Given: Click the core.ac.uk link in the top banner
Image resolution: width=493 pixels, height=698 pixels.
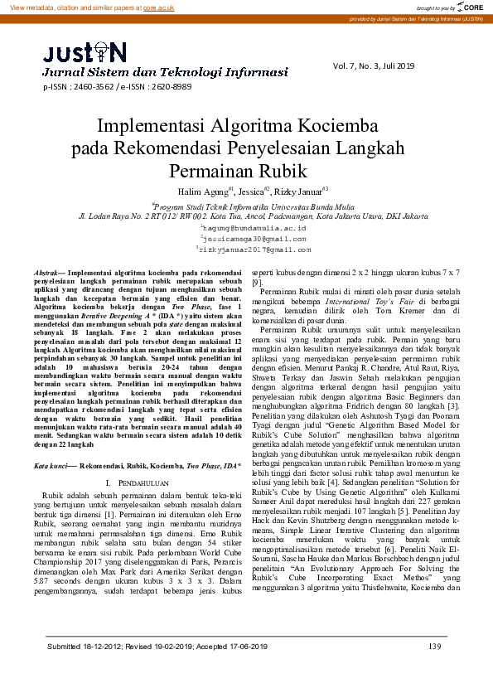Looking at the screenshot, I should (x=157, y=7).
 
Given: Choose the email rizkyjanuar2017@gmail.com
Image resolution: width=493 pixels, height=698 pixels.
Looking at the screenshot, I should (x=254, y=248).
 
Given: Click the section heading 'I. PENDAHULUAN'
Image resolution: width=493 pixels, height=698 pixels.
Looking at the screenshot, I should (x=138, y=482).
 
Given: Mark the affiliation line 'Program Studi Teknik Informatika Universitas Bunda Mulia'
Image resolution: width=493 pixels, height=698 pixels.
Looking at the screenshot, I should (x=246, y=205).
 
